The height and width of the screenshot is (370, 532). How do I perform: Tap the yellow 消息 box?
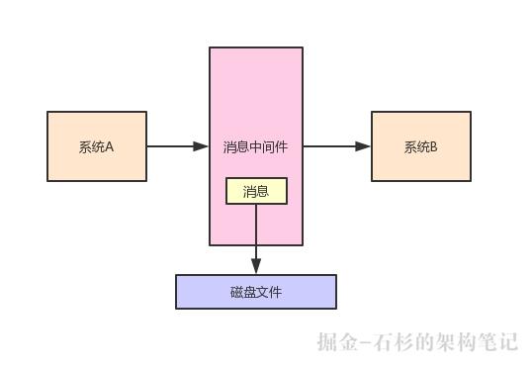point(256,191)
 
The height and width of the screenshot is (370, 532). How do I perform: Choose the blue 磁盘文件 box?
point(256,292)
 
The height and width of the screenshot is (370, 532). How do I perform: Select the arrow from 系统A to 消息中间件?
point(178,146)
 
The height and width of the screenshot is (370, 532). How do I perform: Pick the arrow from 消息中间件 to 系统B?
point(336,146)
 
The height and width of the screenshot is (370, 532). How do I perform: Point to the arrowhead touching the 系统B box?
point(364,146)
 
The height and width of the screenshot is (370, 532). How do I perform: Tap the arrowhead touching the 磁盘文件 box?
point(256,267)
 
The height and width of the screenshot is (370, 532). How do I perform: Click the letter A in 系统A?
point(110,147)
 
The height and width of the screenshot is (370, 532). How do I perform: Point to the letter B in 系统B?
point(433,147)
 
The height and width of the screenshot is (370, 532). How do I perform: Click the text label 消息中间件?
point(256,147)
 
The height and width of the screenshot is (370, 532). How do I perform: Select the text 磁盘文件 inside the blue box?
point(256,293)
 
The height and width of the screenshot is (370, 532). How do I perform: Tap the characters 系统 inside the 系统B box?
point(415,147)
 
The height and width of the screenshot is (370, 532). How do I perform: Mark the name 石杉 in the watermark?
point(393,342)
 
